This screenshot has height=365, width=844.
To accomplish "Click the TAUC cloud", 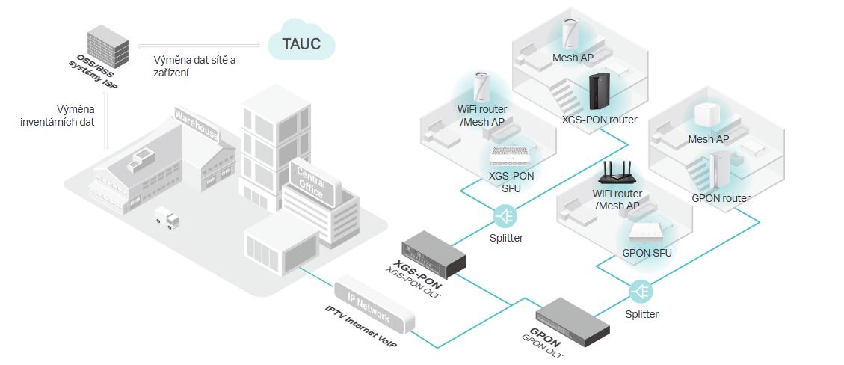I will click(301, 43).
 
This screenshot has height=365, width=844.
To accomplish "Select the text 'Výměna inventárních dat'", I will click(67, 114).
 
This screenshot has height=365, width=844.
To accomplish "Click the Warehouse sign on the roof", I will click(197, 126).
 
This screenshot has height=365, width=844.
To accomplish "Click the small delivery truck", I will click(167, 218).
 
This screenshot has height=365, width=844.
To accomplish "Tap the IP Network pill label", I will click(374, 303).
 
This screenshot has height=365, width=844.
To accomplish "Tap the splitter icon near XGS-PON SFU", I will click(504, 218).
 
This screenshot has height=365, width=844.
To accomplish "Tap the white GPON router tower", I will click(719, 171).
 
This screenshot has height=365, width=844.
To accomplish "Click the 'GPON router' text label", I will click(721, 198).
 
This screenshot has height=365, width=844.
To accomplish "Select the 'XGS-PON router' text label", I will click(600, 119).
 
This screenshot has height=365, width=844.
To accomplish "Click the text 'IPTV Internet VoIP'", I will click(359, 328).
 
